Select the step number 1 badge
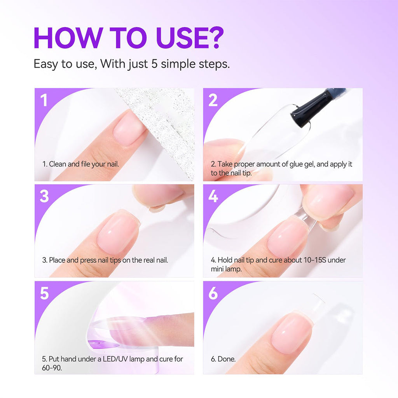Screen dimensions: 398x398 point(44,100)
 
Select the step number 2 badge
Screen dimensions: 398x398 point(213,100)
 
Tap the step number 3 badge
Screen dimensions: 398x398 point(44,196)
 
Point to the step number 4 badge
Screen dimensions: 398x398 point(213,196)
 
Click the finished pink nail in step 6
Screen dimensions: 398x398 point(292,332)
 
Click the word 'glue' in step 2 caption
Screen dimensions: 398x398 point(297,164)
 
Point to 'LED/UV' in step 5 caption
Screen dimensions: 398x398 point(116,359)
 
